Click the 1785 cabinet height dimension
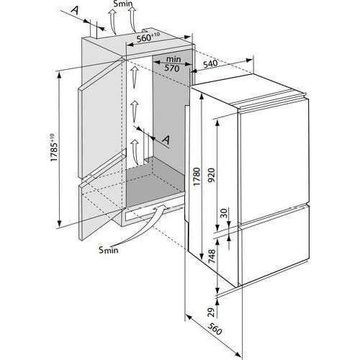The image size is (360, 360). click(54, 148)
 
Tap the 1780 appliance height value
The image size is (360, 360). click(197, 176)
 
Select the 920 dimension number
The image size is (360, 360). click(212, 175)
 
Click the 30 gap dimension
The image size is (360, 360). click(224, 212)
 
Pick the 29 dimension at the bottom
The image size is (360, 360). click(212, 312)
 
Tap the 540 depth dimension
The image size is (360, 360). click(210, 64)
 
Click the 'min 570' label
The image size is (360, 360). click(173, 64)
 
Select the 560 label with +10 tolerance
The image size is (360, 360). click(148, 37)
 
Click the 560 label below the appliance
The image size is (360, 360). click(215, 328)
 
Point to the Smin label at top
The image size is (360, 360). click(123, 4)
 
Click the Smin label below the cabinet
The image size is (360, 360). click(109, 250)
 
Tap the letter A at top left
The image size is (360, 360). click(76, 10)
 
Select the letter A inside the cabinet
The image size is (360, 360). click(166, 140)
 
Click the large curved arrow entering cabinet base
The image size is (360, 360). click(142, 225)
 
